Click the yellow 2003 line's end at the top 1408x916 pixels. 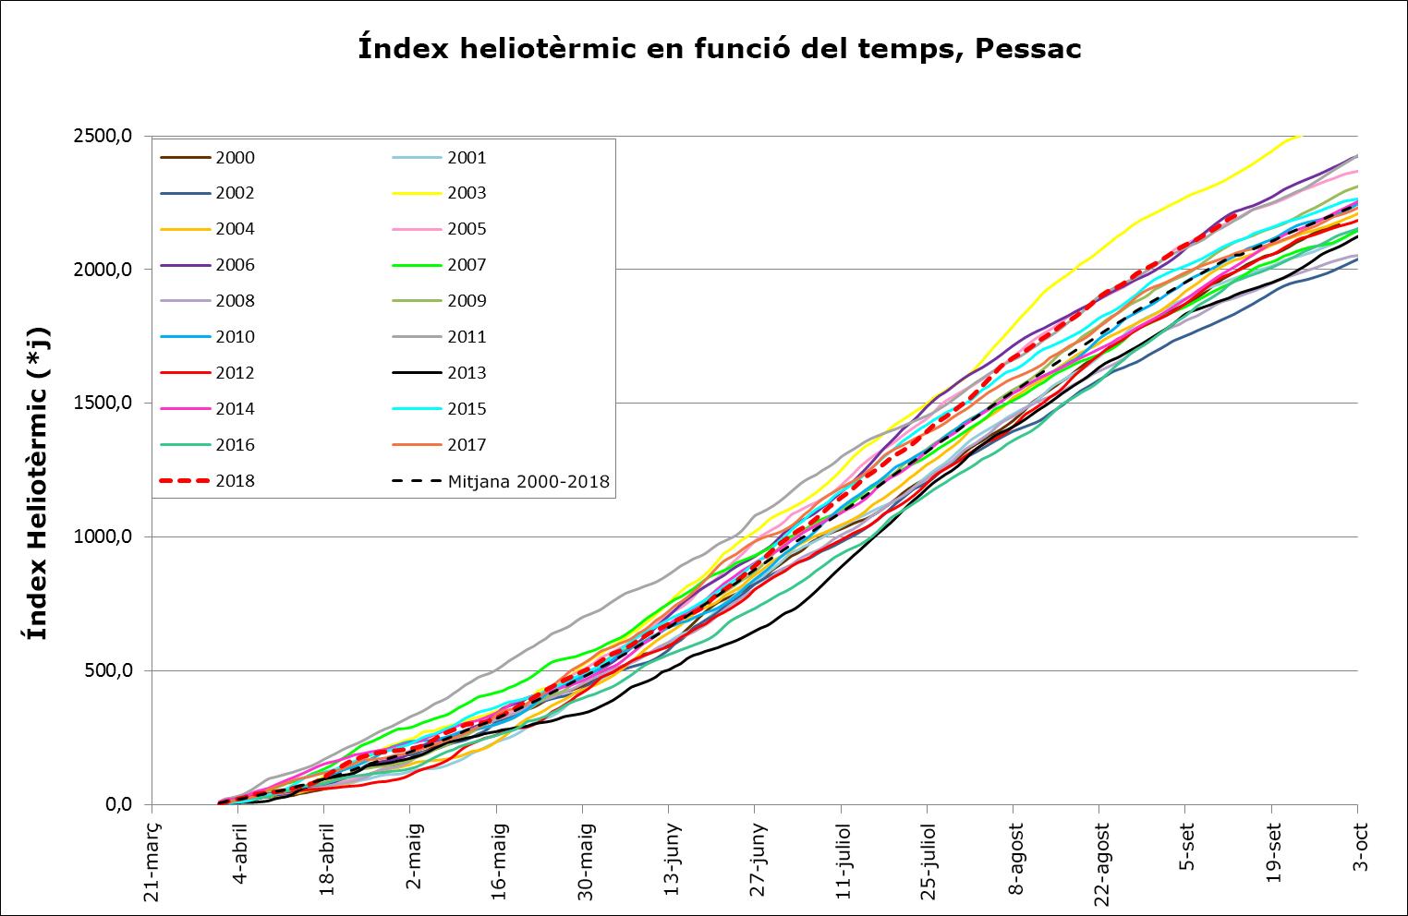[x=1298, y=137]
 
